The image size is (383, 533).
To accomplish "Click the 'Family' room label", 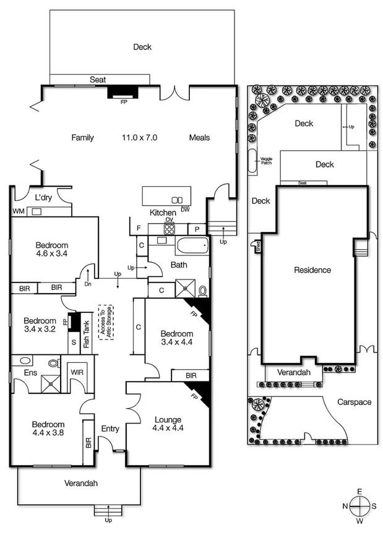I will pyautogui.click(x=82, y=138).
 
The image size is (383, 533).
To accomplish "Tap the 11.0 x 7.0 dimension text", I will pyautogui.click(x=139, y=138).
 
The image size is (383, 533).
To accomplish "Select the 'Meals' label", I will pyautogui.click(x=199, y=138).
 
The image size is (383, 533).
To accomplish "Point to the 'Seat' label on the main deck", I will pyautogui.click(x=98, y=80).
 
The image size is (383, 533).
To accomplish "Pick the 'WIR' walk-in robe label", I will pyautogui.click(x=77, y=373).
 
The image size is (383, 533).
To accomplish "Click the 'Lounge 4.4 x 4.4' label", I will pyautogui.click(x=168, y=424).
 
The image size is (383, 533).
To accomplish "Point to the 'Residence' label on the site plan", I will pyautogui.click(x=312, y=270).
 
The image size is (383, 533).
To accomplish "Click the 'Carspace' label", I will pyautogui.click(x=355, y=403).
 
